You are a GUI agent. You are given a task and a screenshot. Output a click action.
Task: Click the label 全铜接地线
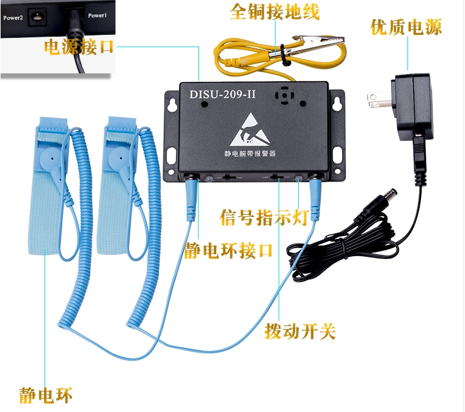[274, 12]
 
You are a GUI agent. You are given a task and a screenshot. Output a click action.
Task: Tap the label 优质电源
[406, 27]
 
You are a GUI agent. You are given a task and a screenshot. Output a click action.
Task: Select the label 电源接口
[79, 47]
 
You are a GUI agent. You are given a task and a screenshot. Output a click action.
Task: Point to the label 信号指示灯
[263, 218]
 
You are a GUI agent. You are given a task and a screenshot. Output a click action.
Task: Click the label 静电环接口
[228, 251]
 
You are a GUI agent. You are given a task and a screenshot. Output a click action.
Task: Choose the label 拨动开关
[300, 331]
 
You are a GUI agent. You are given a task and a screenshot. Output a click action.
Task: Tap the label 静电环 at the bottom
[45, 395]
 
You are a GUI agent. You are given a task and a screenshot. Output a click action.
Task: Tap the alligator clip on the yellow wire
[318, 45]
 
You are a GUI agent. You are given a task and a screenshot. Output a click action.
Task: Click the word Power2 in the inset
[13, 17]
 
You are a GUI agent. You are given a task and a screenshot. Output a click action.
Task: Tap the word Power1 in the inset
[97, 15]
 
